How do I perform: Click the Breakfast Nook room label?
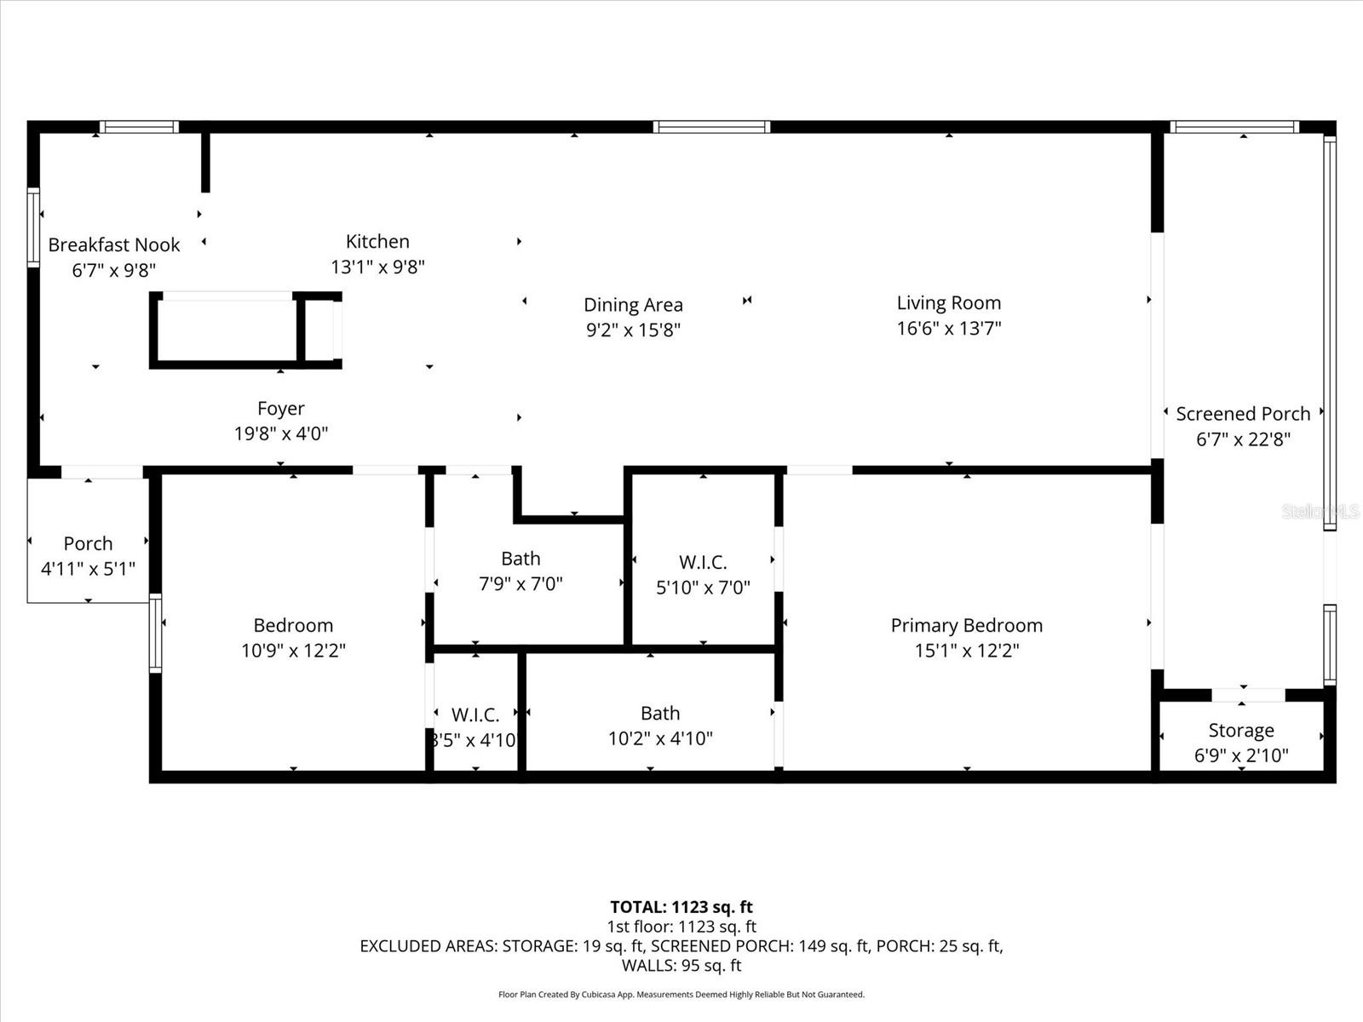113,245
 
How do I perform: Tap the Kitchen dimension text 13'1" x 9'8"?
377,267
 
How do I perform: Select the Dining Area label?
633,305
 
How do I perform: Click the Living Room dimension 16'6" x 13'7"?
948,328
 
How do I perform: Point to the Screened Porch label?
1243,414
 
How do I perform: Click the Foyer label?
280,409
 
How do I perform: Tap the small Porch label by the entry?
88,543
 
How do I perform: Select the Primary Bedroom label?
966,625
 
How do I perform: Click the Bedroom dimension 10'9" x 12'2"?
293,651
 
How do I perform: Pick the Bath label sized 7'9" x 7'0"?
520,559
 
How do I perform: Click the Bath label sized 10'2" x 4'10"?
660,714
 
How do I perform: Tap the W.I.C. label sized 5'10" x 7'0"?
703,562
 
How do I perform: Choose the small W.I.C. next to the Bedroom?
474,715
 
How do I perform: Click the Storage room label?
1241,731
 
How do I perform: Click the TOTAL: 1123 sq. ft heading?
681,907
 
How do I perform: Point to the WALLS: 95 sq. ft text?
681,966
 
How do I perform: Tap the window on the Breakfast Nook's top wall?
139,128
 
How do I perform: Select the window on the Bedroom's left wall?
155,633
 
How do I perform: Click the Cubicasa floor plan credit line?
681,995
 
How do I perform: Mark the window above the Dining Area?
711,127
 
